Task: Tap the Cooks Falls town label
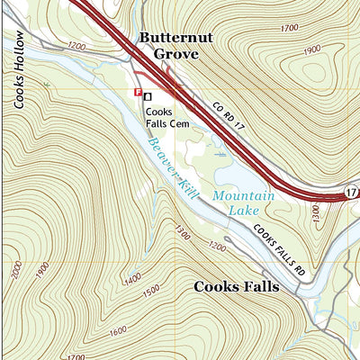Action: tap(237, 287)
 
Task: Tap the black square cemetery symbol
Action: tap(148, 95)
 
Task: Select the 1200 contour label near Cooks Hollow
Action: tap(76, 45)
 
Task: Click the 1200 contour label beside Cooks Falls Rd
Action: tap(217, 246)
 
